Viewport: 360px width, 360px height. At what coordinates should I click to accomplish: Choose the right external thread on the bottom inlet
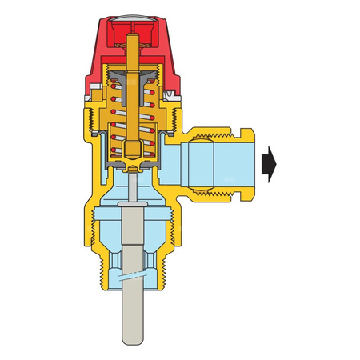(x=169, y=256)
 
